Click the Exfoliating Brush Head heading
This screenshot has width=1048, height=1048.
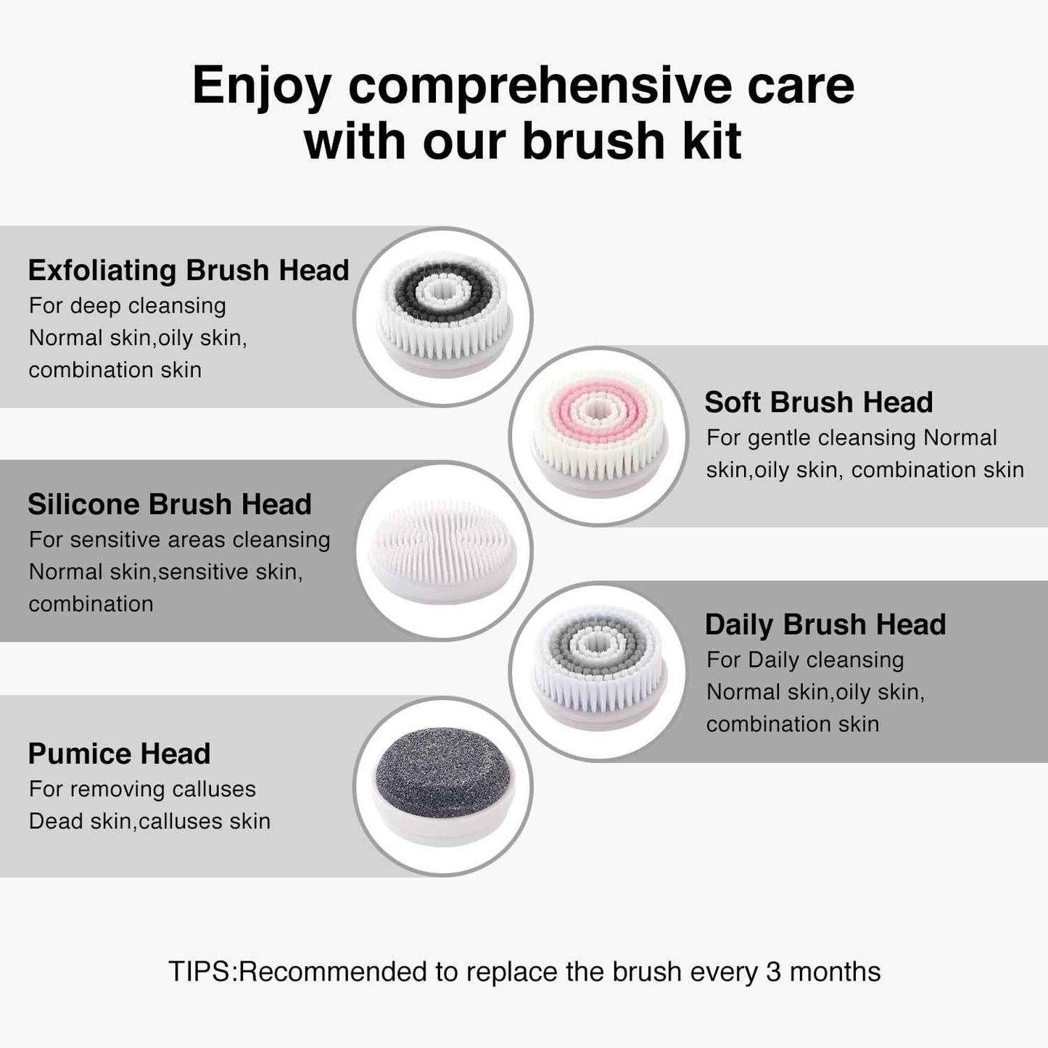point(189,271)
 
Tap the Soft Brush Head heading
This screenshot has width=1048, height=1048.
point(818,403)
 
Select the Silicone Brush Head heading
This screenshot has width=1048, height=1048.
point(170,504)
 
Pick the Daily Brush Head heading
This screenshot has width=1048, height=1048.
point(825,624)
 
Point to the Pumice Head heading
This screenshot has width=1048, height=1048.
point(119,754)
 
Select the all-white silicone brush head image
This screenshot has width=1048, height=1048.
point(443,550)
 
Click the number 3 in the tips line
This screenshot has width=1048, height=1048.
point(773,972)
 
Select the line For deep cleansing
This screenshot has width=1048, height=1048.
point(128,306)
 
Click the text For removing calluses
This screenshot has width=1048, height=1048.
point(142,789)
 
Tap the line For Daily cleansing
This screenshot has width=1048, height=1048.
point(805,660)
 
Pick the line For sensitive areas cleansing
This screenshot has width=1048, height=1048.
point(179,540)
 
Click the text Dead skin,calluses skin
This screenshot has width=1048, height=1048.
point(149,821)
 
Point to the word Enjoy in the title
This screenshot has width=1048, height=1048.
point(262,86)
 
